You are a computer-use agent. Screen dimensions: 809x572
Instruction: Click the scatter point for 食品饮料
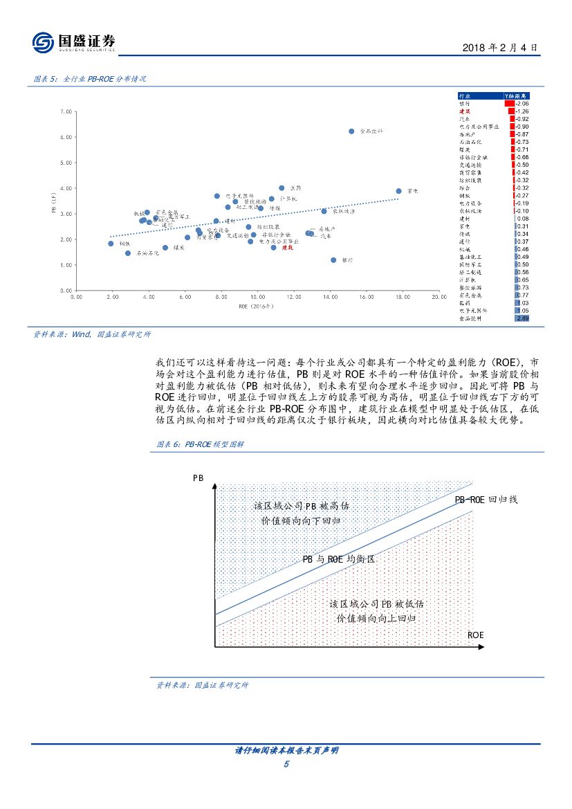tap(351, 131)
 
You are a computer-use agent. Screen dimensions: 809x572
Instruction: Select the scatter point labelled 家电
tap(398, 191)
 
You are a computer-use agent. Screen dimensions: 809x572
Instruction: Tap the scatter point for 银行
tap(333, 260)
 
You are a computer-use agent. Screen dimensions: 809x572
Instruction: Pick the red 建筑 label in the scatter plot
tap(286, 247)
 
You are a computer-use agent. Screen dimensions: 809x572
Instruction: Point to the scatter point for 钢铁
tap(111, 244)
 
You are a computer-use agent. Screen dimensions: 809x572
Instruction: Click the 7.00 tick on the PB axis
tap(66, 111)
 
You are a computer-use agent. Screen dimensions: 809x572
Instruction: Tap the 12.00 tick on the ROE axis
tap(293, 296)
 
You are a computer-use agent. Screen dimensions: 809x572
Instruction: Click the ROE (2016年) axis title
tap(257, 305)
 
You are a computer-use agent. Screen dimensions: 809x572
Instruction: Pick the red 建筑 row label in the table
tap(465, 111)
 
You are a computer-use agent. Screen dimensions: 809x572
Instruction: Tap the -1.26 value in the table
tap(522, 111)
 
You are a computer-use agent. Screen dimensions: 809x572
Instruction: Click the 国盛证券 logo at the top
tap(74, 43)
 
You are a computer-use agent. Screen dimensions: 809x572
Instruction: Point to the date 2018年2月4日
tap(500, 48)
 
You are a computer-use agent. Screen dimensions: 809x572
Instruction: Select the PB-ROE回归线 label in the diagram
tap(486, 499)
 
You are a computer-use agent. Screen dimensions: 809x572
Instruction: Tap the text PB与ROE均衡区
tap(338, 558)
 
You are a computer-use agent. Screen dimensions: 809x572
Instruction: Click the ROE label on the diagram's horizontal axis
tap(476, 634)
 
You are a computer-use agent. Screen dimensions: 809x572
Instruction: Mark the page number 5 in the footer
tap(286, 763)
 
